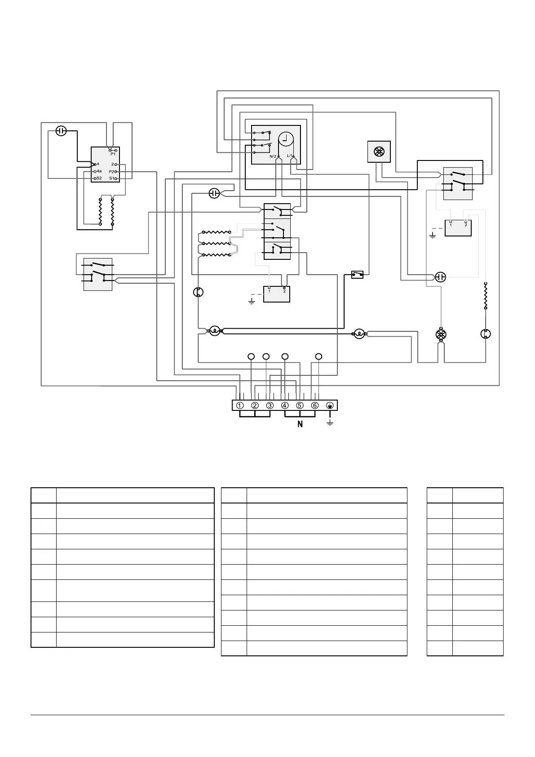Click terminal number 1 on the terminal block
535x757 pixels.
click(240, 405)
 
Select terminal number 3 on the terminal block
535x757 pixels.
click(270, 405)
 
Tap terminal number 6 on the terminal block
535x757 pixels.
click(315, 405)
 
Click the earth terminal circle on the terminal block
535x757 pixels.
click(330, 405)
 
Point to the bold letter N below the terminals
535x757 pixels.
click(300, 424)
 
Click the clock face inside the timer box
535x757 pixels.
click(286, 139)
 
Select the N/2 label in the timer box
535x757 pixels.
click(273, 156)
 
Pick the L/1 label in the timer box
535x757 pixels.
click(290, 156)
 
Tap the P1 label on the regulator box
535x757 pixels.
click(113, 154)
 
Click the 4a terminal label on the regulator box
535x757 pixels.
click(99, 171)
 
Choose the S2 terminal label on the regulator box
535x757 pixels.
click(99, 178)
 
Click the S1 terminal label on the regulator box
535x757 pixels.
click(111, 178)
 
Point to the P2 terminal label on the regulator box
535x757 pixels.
click(111, 172)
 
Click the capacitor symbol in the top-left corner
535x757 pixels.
click(61, 131)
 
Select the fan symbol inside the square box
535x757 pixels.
click(379, 151)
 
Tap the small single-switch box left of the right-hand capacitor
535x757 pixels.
click(358, 274)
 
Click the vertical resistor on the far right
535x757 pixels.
click(486, 296)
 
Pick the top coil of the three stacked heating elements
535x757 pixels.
click(217, 232)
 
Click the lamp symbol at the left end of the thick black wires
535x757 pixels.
click(215, 331)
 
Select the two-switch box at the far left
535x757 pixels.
click(98, 274)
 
